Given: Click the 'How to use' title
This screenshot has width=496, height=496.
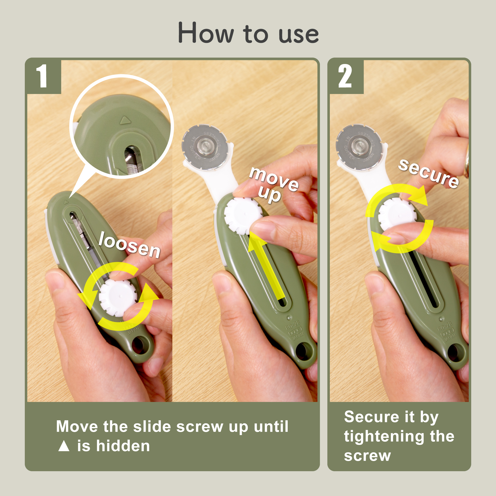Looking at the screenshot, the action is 248,33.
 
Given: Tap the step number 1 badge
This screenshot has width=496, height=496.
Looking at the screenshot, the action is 43,76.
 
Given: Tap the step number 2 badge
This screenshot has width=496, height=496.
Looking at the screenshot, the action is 345,76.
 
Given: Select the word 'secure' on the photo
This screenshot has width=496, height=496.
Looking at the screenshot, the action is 428,173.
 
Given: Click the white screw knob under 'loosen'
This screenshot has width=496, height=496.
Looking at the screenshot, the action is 118,298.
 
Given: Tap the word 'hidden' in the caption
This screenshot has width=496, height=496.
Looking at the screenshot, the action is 123,446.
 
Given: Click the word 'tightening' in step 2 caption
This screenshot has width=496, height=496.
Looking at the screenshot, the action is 384,437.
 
